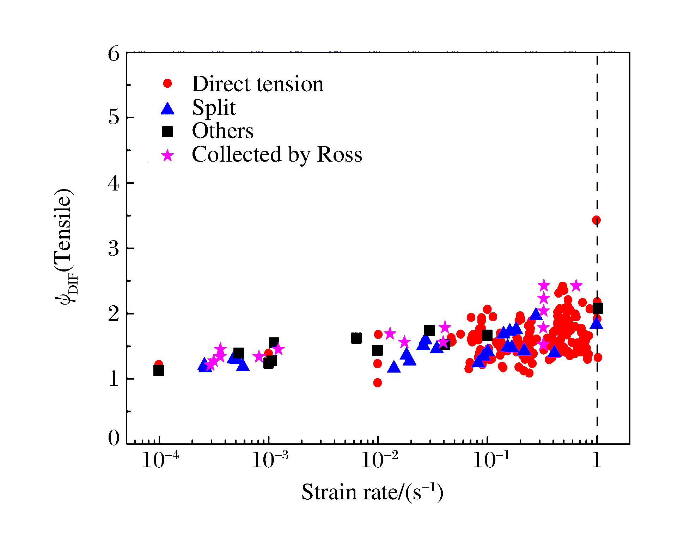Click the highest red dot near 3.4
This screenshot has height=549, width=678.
point(596,220)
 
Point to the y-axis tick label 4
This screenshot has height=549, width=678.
point(114,183)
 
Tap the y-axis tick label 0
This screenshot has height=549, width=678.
point(114,438)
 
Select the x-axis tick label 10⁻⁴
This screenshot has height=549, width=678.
point(160,460)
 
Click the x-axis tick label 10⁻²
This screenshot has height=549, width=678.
point(379,460)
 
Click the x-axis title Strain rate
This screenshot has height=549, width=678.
point(372,492)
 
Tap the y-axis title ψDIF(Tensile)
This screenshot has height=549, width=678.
point(65,247)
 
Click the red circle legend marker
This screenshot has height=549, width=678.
point(167,83)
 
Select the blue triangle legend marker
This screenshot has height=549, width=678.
point(167,108)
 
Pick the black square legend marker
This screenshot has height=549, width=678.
point(167,132)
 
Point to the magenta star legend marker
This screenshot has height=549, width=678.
point(167,155)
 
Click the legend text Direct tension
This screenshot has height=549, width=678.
point(257,84)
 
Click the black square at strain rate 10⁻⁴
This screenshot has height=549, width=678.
point(159,370)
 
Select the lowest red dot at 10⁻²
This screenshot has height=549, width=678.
point(378,383)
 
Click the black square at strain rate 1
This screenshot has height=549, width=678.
point(598,309)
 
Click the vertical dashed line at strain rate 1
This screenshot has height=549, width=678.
point(597,141)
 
